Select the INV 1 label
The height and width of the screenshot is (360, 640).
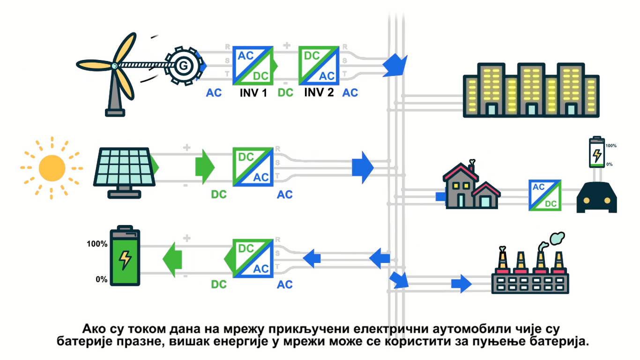[x=253, y=92]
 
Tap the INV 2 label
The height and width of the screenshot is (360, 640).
[x=319, y=92]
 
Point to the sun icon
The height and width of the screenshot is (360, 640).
[x=52, y=168]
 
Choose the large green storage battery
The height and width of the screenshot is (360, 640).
[x=125, y=257]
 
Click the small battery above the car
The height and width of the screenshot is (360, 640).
[x=596, y=152]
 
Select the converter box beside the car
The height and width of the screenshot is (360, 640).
[x=545, y=195]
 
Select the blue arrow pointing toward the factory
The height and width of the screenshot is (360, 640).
[x=461, y=283]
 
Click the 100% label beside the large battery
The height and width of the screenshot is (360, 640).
[x=97, y=244]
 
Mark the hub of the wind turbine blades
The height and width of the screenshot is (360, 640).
[x=114, y=66]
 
